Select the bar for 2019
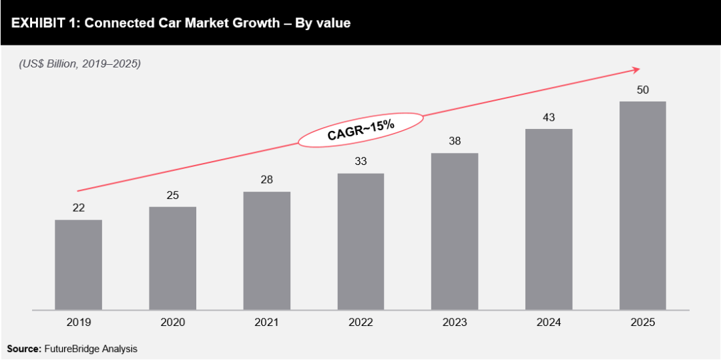click(x=78, y=264)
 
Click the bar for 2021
click(x=266, y=250)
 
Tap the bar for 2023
click(x=455, y=231)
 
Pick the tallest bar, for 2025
click(x=643, y=206)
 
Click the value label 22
click(x=78, y=208)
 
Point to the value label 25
click(x=172, y=195)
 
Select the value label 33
click(x=360, y=161)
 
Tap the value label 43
click(x=549, y=117)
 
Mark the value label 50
click(x=643, y=89)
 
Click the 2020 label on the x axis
click(x=172, y=322)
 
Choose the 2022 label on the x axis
click(x=360, y=322)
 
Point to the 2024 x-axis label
click(x=549, y=322)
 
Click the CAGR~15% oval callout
click(x=360, y=130)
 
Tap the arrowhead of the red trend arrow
click(x=636, y=68)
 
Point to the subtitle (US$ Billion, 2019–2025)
click(x=79, y=64)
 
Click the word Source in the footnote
click(x=24, y=349)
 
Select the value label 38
click(x=455, y=142)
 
